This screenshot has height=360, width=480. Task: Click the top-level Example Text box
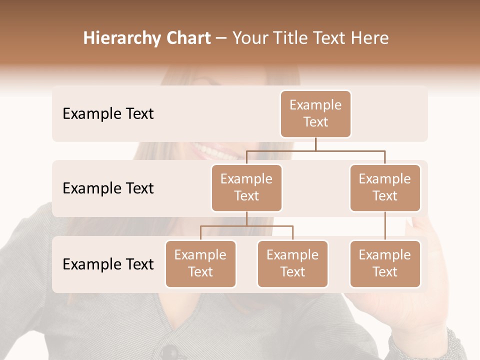tap(315, 113)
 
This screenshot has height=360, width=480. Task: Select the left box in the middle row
tap(246, 187)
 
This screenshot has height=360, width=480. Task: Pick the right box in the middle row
tap(385, 187)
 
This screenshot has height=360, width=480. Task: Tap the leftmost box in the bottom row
tap(200, 263)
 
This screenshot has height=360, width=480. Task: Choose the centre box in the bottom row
tap(292, 263)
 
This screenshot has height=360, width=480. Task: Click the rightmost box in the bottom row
tap(385, 263)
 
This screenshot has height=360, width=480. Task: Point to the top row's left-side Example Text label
tap(108, 113)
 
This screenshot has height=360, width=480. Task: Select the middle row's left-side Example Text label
tap(108, 188)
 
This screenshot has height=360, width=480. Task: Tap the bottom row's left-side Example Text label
tap(108, 264)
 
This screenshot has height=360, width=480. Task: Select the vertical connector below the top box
tap(315, 144)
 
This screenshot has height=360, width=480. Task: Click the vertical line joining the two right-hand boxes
tap(385, 226)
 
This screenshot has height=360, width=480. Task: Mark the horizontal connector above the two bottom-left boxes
tap(246, 226)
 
